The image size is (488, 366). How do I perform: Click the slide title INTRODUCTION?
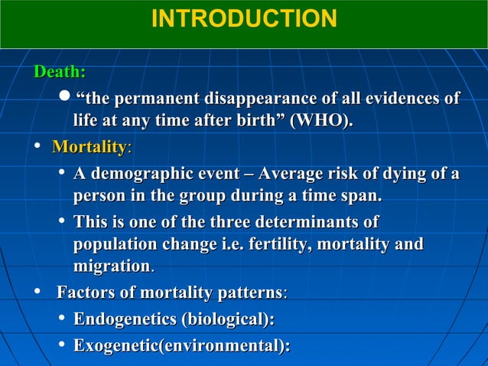243,18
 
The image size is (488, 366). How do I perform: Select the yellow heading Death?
59,72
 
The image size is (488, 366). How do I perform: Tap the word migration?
112,267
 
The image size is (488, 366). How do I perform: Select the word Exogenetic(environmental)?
181,346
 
